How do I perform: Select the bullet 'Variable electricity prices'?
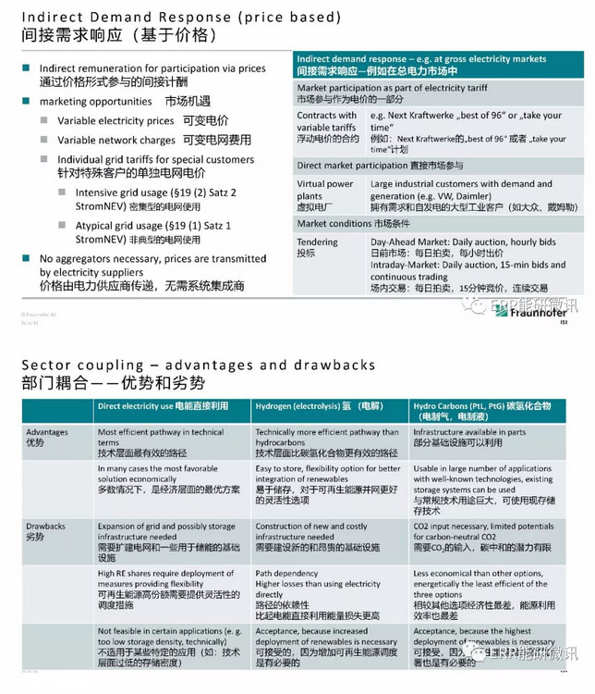click(x=115, y=121)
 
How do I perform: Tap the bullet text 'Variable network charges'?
click(x=116, y=140)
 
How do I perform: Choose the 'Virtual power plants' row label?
click(x=325, y=190)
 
